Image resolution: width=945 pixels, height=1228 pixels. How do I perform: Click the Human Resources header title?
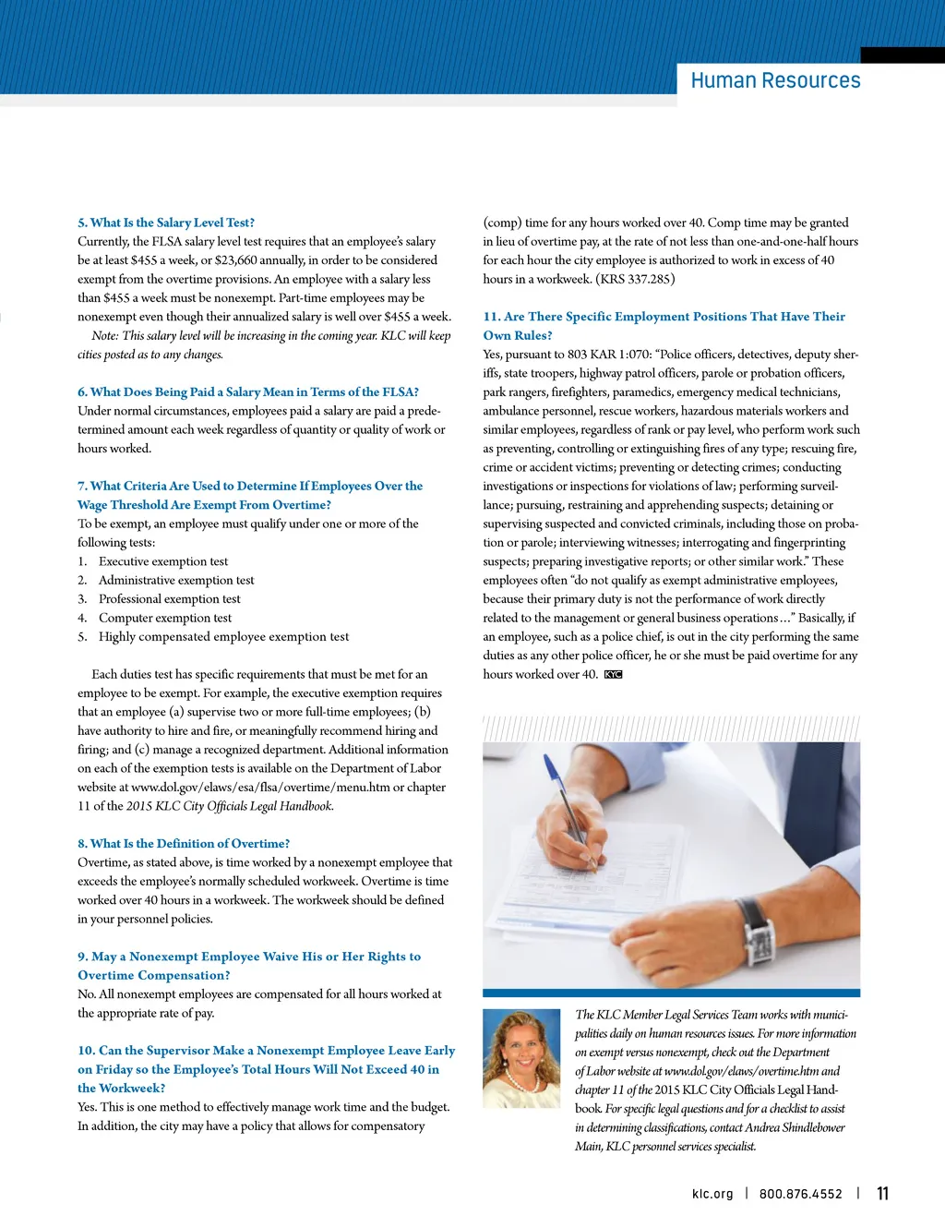click(775, 80)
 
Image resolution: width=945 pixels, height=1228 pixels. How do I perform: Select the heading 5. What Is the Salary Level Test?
click(166, 223)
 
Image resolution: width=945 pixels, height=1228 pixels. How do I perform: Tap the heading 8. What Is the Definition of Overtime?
click(184, 843)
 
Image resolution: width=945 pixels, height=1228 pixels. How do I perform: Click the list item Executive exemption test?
click(163, 561)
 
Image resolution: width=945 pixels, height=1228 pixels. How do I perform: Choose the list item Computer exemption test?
click(165, 618)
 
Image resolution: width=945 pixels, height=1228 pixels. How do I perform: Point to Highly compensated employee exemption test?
click(223, 636)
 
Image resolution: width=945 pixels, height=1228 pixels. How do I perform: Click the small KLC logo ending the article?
click(614, 675)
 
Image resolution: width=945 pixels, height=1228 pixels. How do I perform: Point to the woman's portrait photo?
click(521, 1058)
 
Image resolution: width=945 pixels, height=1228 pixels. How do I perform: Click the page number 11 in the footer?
click(882, 1194)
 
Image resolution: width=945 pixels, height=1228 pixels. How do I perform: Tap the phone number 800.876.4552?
click(800, 1194)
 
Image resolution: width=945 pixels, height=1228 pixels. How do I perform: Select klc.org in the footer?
click(712, 1194)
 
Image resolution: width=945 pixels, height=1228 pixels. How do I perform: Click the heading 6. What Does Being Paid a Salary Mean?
click(248, 391)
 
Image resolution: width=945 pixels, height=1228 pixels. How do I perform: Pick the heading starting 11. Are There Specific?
click(664, 317)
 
